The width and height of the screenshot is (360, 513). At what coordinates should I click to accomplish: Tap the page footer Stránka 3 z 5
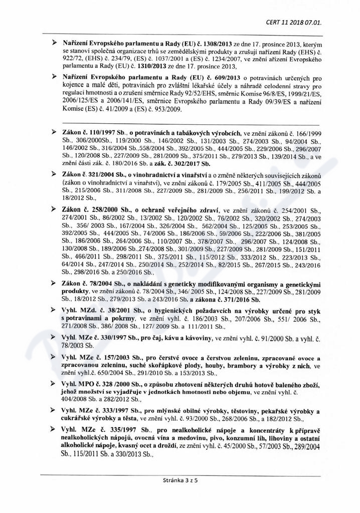(x=180, y=493)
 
